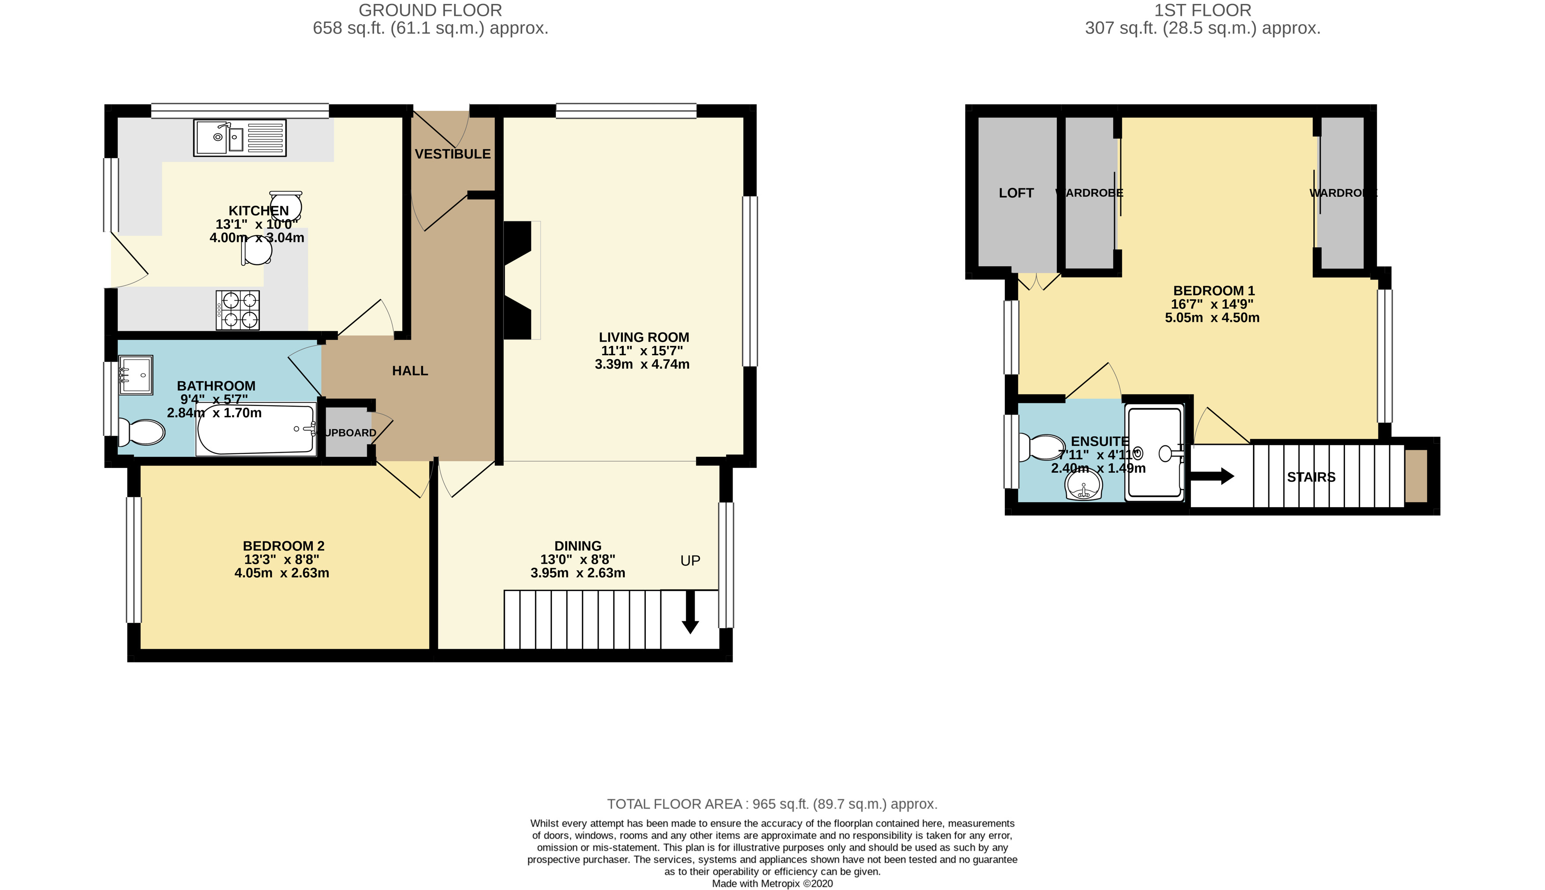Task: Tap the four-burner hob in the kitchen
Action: pos(237,310)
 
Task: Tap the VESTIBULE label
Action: pos(452,154)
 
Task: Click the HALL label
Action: pos(410,371)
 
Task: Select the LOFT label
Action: pos(1016,193)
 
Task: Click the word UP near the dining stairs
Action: pos(690,560)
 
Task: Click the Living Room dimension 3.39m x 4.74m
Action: pos(642,364)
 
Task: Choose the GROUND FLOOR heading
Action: pos(430,11)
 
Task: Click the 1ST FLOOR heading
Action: pos(1203,11)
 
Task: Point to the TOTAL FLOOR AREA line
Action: pos(772,804)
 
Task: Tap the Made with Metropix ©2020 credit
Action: pos(772,883)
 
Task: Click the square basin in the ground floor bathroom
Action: pos(135,375)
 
